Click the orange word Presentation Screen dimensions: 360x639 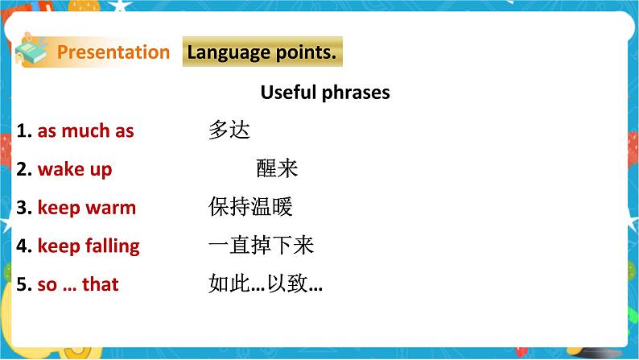click(x=113, y=52)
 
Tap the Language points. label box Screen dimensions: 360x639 click(x=262, y=52)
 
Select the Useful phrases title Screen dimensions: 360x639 click(x=325, y=93)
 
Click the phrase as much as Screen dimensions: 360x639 click(x=85, y=130)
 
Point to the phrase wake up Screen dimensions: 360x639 click(x=75, y=169)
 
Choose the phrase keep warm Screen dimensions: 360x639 click(x=87, y=208)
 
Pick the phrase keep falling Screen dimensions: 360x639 click(x=89, y=246)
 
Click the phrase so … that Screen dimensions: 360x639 click(x=78, y=284)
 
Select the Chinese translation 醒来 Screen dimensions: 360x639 click(x=278, y=168)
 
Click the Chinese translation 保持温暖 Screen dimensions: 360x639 click(x=250, y=207)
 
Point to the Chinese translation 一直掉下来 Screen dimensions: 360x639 click(x=261, y=246)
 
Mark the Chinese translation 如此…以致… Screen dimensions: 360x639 click(x=266, y=284)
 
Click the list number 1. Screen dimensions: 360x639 click(x=23, y=130)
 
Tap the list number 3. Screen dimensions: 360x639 click(x=23, y=208)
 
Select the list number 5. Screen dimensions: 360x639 click(x=23, y=284)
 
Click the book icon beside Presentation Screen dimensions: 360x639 click(x=33, y=52)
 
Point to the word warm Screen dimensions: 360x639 click(x=110, y=208)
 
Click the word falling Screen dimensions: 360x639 click(x=112, y=246)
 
